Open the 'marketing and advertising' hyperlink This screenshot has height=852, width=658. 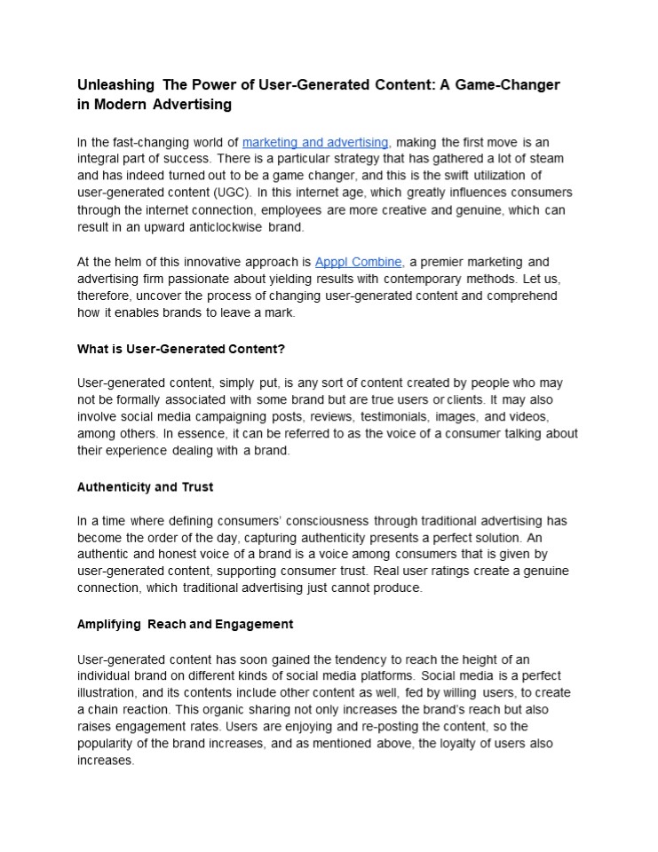pos(315,142)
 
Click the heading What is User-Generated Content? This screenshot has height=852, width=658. pos(181,348)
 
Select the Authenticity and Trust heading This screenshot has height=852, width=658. pos(145,486)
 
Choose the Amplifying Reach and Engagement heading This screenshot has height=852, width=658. pos(185,624)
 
